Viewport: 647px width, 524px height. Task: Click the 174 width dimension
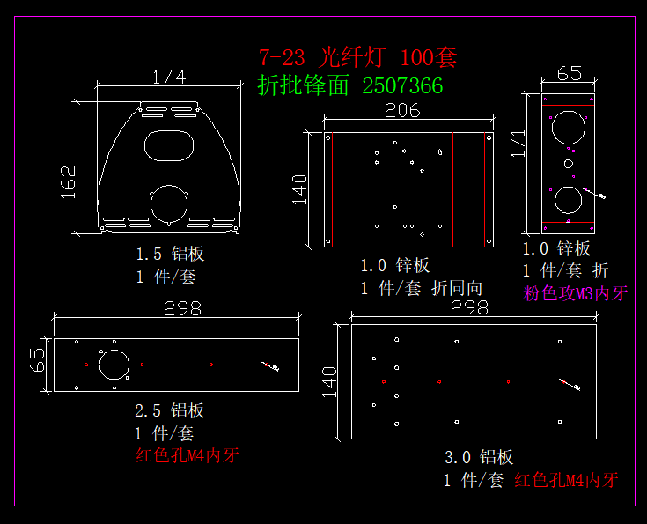coord(169,77)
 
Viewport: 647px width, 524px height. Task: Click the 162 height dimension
coord(69,182)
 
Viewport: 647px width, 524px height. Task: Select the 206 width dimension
coord(402,110)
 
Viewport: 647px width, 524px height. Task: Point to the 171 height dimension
coord(518,144)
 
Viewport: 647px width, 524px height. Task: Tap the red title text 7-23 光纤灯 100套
coord(357,57)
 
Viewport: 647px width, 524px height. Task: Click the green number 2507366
coord(402,86)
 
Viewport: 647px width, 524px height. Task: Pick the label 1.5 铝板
coord(170,254)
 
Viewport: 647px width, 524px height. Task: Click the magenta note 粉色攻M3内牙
coord(576,293)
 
